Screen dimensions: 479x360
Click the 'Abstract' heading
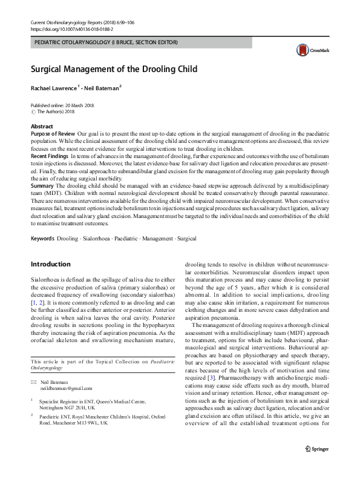[x=42, y=125]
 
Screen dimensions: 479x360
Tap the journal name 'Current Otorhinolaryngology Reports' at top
[x=65, y=22]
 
